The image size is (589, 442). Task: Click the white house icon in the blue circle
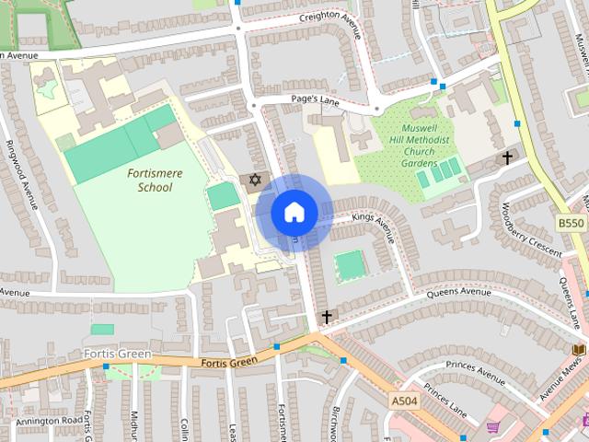click(294, 213)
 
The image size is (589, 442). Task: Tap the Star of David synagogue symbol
click(255, 179)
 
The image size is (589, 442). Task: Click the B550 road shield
click(571, 223)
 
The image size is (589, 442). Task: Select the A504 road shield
click(403, 401)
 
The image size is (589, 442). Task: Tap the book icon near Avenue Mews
click(578, 350)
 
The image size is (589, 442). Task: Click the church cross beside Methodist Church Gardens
click(506, 158)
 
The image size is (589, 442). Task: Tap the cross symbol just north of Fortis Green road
click(325, 317)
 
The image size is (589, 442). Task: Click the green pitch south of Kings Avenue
click(350, 266)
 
